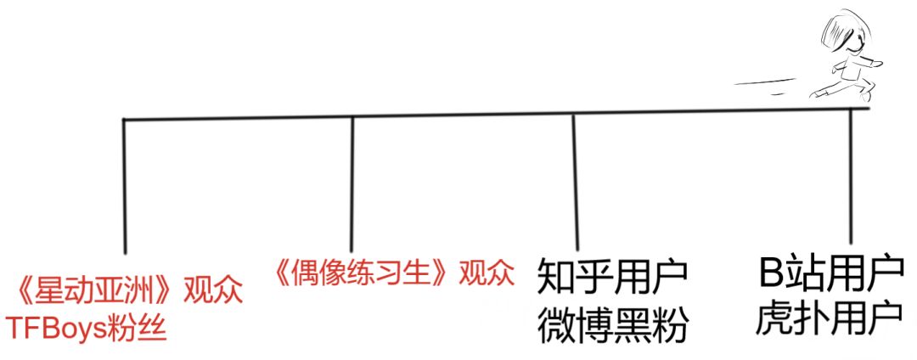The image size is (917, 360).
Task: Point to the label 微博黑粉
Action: [x=611, y=326]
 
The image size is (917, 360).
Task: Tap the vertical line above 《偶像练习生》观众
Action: [x=352, y=183]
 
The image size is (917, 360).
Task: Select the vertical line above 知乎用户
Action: [x=575, y=181]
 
